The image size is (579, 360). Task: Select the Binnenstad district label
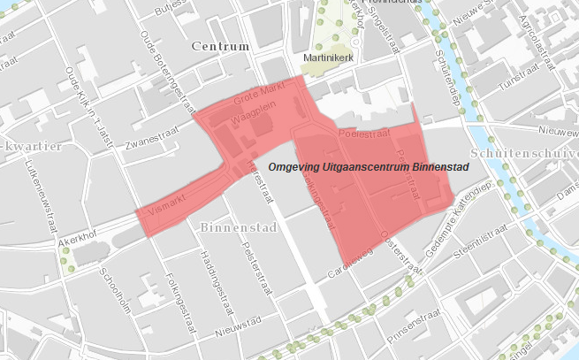[240, 227]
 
